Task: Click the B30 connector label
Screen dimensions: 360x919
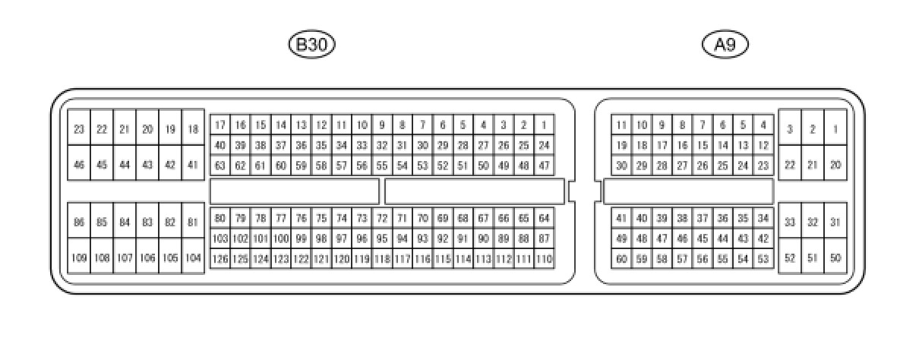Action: [x=311, y=45]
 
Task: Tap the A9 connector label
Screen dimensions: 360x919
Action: [x=725, y=45]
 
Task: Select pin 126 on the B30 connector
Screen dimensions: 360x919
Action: [x=219, y=259]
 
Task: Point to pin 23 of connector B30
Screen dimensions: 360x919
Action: [x=79, y=129]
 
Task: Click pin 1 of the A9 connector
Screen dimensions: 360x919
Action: [x=835, y=129]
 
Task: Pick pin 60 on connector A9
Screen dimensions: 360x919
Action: [x=621, y=259]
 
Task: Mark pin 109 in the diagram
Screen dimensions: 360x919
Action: [x=79, y=258]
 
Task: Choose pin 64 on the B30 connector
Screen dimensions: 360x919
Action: [x=544, y=219]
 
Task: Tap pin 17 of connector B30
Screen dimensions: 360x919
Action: [x=219, y=125]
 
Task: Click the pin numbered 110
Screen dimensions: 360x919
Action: [x=544, y=259]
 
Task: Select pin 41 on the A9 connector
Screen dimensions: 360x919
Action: [x=621, y=219]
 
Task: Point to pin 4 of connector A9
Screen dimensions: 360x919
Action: [x=763, y=125]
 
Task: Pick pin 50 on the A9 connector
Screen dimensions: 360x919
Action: [x=835, y=258]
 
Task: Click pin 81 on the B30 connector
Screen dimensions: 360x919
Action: [x=193, y=223]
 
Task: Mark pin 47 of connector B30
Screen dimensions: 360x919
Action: [x=544, y=165]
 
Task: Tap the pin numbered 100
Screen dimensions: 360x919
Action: [x=281, y=238]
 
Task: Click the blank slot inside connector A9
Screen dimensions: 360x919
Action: [x=688, y=191]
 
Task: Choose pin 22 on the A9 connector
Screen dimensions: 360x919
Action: [x=790, y=165]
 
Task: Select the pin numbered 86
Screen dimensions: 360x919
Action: [x=79, y=223]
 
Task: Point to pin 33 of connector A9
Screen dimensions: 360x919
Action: [x=790, y=223]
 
